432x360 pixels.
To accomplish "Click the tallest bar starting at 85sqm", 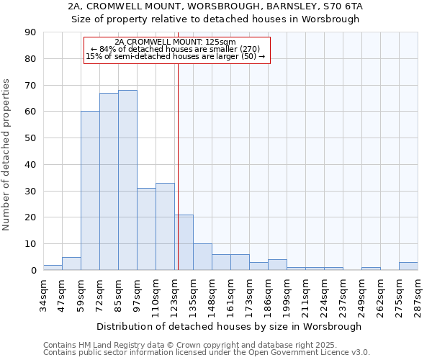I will (x=127, y=180).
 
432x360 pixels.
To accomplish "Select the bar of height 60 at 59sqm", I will (x=90, y=191).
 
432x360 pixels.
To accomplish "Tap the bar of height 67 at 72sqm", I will (x=109, y=181).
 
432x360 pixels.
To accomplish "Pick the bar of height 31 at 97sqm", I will (x=146, y=229).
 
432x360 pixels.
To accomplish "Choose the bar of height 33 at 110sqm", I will (x=165, y=227).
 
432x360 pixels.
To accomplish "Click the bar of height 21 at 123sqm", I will (x=184, y=243).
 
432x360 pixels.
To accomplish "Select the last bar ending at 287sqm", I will (x=408, y=266).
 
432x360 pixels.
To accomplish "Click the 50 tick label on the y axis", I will (x=31, y=138).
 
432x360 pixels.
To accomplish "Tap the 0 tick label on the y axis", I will (x=34, y=270).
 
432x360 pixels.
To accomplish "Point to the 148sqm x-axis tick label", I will (x=212, y=294).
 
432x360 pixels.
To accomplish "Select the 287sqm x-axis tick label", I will (x=418, y=294).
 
